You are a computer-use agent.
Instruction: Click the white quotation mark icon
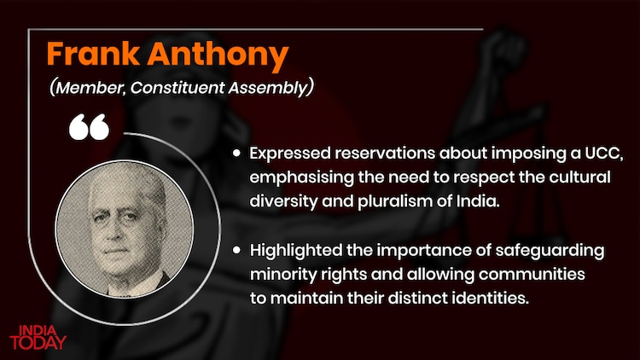[89, 128]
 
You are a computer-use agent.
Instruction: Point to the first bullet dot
[236, 154]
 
